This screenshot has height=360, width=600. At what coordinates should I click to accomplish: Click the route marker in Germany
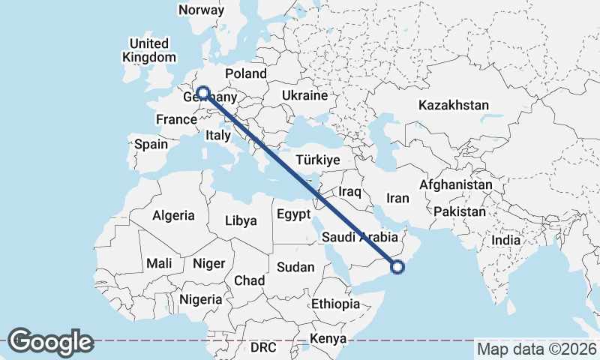point(202,94)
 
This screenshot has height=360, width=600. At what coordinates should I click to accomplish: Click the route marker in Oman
point(397,265)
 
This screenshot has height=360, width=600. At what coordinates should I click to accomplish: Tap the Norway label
point(201,10)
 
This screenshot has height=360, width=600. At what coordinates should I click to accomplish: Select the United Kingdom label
point(151,50)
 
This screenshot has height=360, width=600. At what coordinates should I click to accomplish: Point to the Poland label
point(245,73)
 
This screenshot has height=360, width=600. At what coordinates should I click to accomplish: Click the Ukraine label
point(304,95)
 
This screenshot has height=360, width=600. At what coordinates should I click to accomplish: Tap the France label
point(176,120)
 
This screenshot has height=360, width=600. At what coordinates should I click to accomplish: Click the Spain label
point(151,144)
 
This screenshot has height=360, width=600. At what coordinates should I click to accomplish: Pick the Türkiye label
point(318,160)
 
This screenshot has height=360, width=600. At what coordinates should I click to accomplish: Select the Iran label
point(397,198)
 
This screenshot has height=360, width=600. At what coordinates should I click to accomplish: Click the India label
point(505,241)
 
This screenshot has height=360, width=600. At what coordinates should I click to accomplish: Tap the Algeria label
point(173,216)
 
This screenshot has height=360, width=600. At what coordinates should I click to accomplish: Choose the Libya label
point(241,220)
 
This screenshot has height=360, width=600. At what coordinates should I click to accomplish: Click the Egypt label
point(293,214)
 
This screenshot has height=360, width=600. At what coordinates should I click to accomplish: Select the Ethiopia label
point(335,304)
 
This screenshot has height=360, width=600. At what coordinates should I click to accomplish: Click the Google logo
point(50,342)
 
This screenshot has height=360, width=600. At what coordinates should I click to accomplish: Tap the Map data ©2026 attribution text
point(537,349)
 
